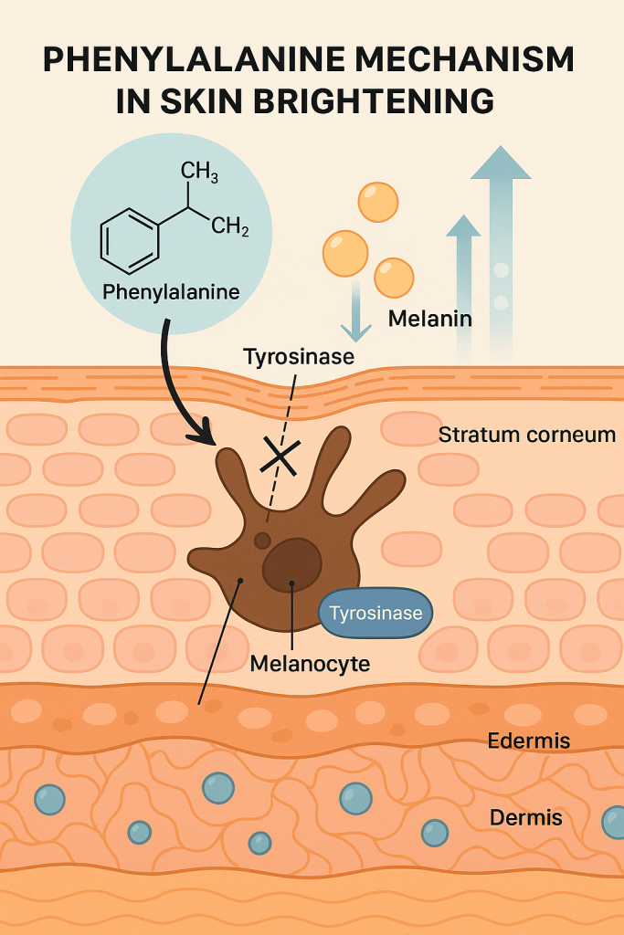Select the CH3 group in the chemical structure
tap(199, 170)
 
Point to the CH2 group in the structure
tap(229, 226)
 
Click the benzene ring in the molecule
tap(128, 239)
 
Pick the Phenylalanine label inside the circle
tap(171, 293)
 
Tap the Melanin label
tap(429, 319)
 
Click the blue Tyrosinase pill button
tap(375, 613)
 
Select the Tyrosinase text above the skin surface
tap(299, 356)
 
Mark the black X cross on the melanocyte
tap(280, 455)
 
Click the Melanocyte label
tap(310, 664)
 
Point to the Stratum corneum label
tap(526, 435)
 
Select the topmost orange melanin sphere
tap(377, 202)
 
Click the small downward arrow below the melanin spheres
tap(355, 330)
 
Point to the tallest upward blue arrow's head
tap(501, 163)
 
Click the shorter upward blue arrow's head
tap(463, 226)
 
